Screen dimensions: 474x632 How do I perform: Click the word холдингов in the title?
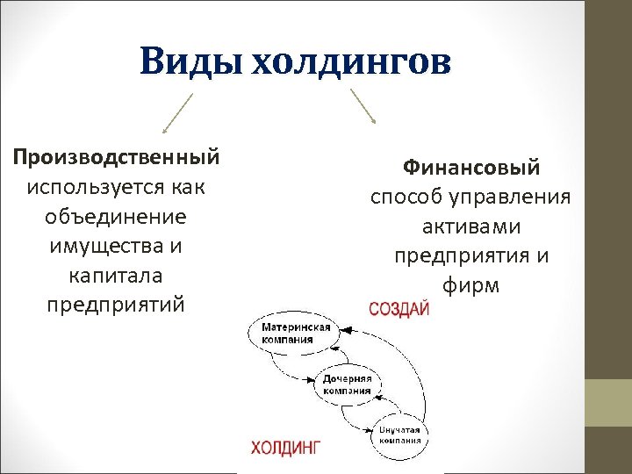click(x=351, y=62)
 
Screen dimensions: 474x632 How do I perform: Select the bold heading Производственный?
click(x=116, y=158)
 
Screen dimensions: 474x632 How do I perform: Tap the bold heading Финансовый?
click(x=470, y=167)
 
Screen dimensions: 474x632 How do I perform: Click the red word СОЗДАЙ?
click(x=399, y=310)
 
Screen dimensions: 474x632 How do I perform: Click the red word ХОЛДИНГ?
click(x=286, y=448)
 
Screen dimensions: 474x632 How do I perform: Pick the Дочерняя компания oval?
click(x=347, y=384)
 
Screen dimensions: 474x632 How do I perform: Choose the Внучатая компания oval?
click(x=400, y=434)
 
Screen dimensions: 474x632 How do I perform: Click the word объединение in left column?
click(x=116, y=217)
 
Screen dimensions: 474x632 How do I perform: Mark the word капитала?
click(x=116, y=276)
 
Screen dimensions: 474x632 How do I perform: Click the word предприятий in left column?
click(x=116, y=305)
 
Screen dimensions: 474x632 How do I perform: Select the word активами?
click(x=470, y=226)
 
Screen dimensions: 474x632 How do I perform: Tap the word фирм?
click(x=470, y=286)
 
